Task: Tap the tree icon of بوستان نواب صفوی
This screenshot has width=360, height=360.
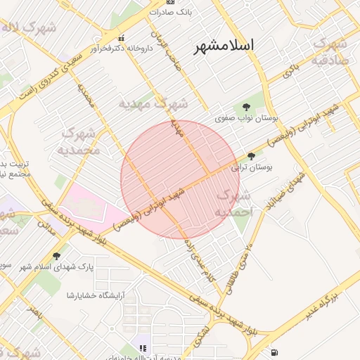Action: click(245, 107)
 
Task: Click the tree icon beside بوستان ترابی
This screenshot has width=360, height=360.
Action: click(252, 157)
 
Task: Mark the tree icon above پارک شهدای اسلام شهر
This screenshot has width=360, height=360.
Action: click(56, 256)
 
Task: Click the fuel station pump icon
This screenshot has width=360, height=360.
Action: click(273, 352)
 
